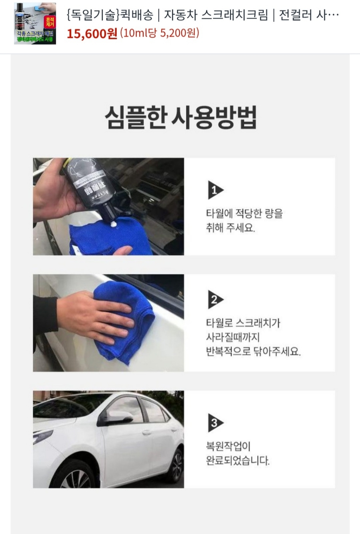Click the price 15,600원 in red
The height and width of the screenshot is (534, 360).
(x=92, y=34)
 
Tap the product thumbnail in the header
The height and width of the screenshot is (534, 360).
(x=35, y=23)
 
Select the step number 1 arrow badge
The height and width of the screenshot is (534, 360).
(x=215, y=190)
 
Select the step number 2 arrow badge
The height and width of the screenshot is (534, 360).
(x=215, y=299)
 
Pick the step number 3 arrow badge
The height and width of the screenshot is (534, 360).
(x=215, y=422)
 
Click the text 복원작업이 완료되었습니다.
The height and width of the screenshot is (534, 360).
(x=237, y=453)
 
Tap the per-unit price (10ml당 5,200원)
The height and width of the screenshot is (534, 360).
(x=160, y=33)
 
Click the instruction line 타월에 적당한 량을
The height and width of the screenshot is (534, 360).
(x=244, y=213)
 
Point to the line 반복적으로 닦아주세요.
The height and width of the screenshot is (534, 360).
(x=253, y=351)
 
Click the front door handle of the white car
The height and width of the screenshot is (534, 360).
(x=147, y=432)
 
